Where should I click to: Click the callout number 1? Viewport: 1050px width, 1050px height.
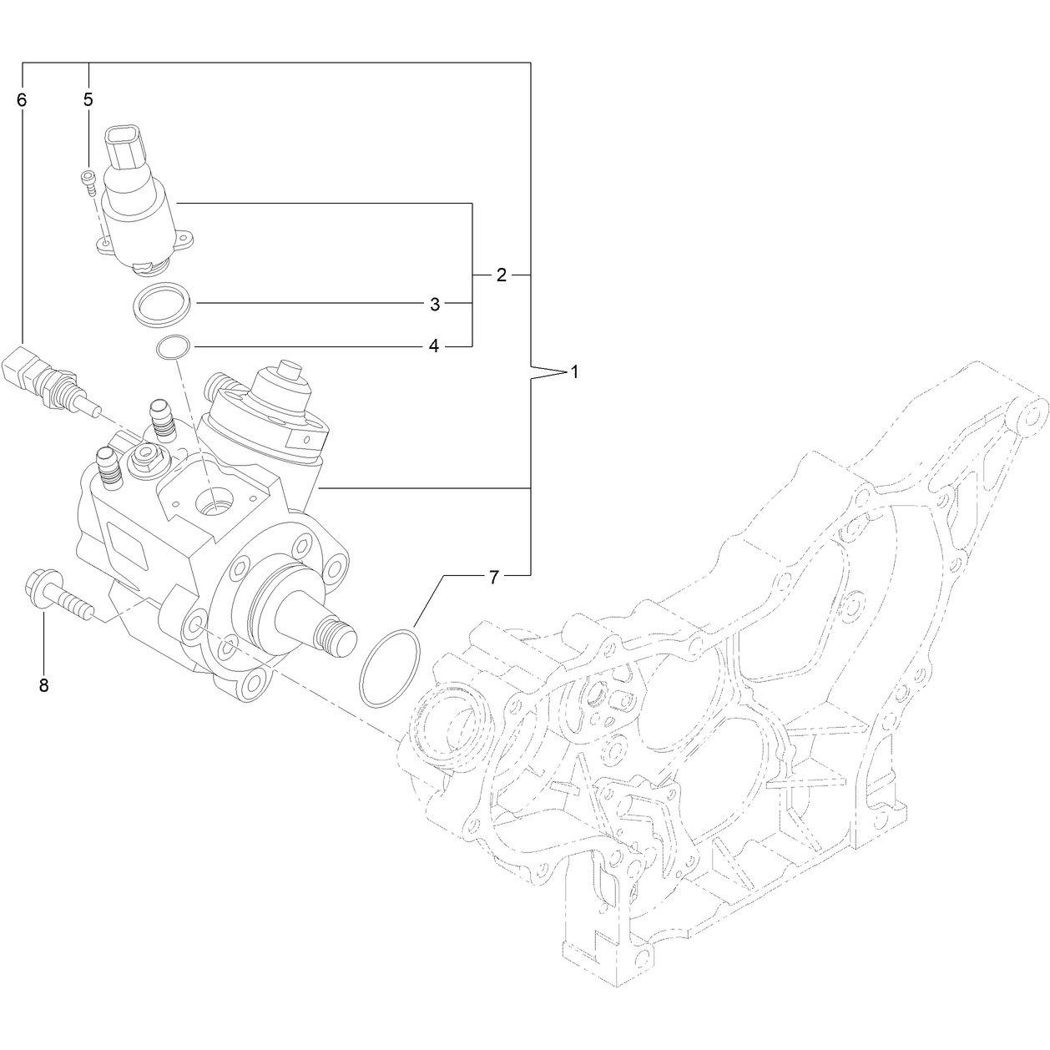pos(574,373)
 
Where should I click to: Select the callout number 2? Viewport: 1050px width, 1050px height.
pos(502,275)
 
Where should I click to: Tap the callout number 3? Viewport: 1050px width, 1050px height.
pos(434,304)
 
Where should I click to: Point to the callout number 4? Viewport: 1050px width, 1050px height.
pos(434,346)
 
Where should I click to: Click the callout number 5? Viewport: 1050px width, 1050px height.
pos(88,99)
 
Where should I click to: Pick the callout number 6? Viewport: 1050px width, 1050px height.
pos(22,99)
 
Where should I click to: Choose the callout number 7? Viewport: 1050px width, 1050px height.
pos(493,577)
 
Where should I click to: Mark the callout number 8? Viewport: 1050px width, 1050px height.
pos(43,685)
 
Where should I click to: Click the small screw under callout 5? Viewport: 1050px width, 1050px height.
pos(89,183)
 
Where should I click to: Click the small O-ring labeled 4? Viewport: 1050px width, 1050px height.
pos(173,347)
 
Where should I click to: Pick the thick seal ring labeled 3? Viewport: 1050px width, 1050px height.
pos(162,305)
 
